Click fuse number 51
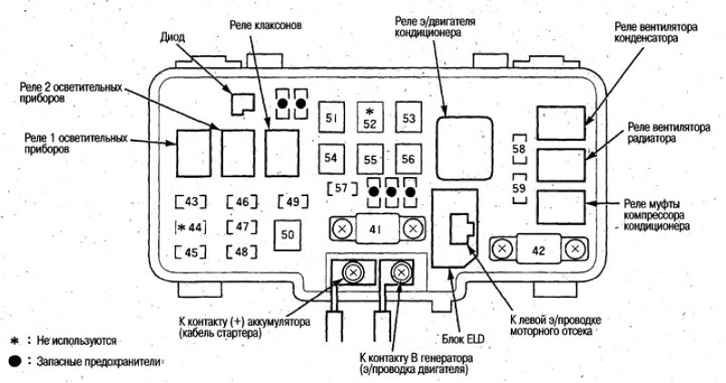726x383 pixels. pyautogui.click(x=331, y=117)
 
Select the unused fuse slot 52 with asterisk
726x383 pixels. pyautogui.click(x=370, y=117)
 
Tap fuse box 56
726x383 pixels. pyautogui.click(x=408, y=159)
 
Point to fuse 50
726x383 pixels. pyautogui.click(x=287, y=234)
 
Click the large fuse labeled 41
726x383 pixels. pyautogui.click(x=378, y=229)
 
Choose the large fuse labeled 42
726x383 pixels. pyautogui.click(x=538, y=250)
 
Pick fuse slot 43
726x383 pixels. pyautogui.click(x=191, y=201)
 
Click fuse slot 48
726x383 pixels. pyautogui.click(x=241, y=252)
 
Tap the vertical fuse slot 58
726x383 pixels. pyautogui.click(x=519, y=149)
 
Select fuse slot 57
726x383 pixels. pyautogui.click(x=342, y=189)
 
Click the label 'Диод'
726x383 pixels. pyautogui.click(x=172, y=37)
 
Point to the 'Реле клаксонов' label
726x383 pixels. pyautogui.click(x=266, y=25)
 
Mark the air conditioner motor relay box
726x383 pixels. pyautogui.click(x=465, y=148)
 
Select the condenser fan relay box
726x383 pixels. pyautogui.click(x=561, y=123)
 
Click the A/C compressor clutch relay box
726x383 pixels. pyautogui.click(x=561, y=208)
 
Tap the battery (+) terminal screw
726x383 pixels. pyautogui.click(x=354, y=272)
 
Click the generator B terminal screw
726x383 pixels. pyautogui.click(x=401, y=272)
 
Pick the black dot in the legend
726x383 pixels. pyautogui.click(x=15, y=361)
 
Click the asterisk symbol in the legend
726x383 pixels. pyautogui.click(x=14, y=341)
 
